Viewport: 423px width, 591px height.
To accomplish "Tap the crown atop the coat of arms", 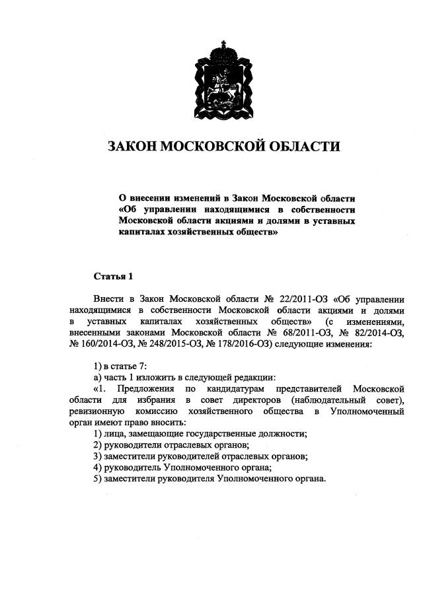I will [x=222, y=50].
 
